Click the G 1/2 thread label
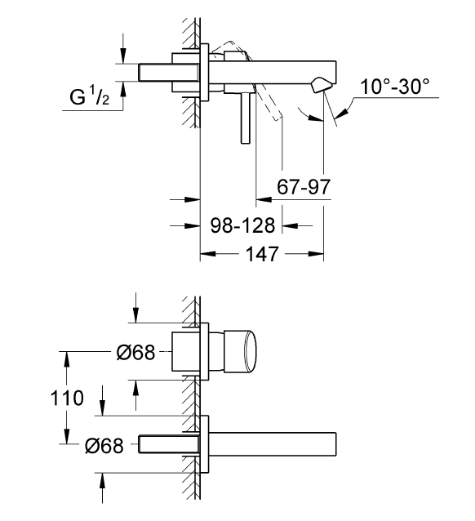point(90,98)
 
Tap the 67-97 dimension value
point(304,187)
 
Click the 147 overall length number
point(261,254)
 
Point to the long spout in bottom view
point(273,444)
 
